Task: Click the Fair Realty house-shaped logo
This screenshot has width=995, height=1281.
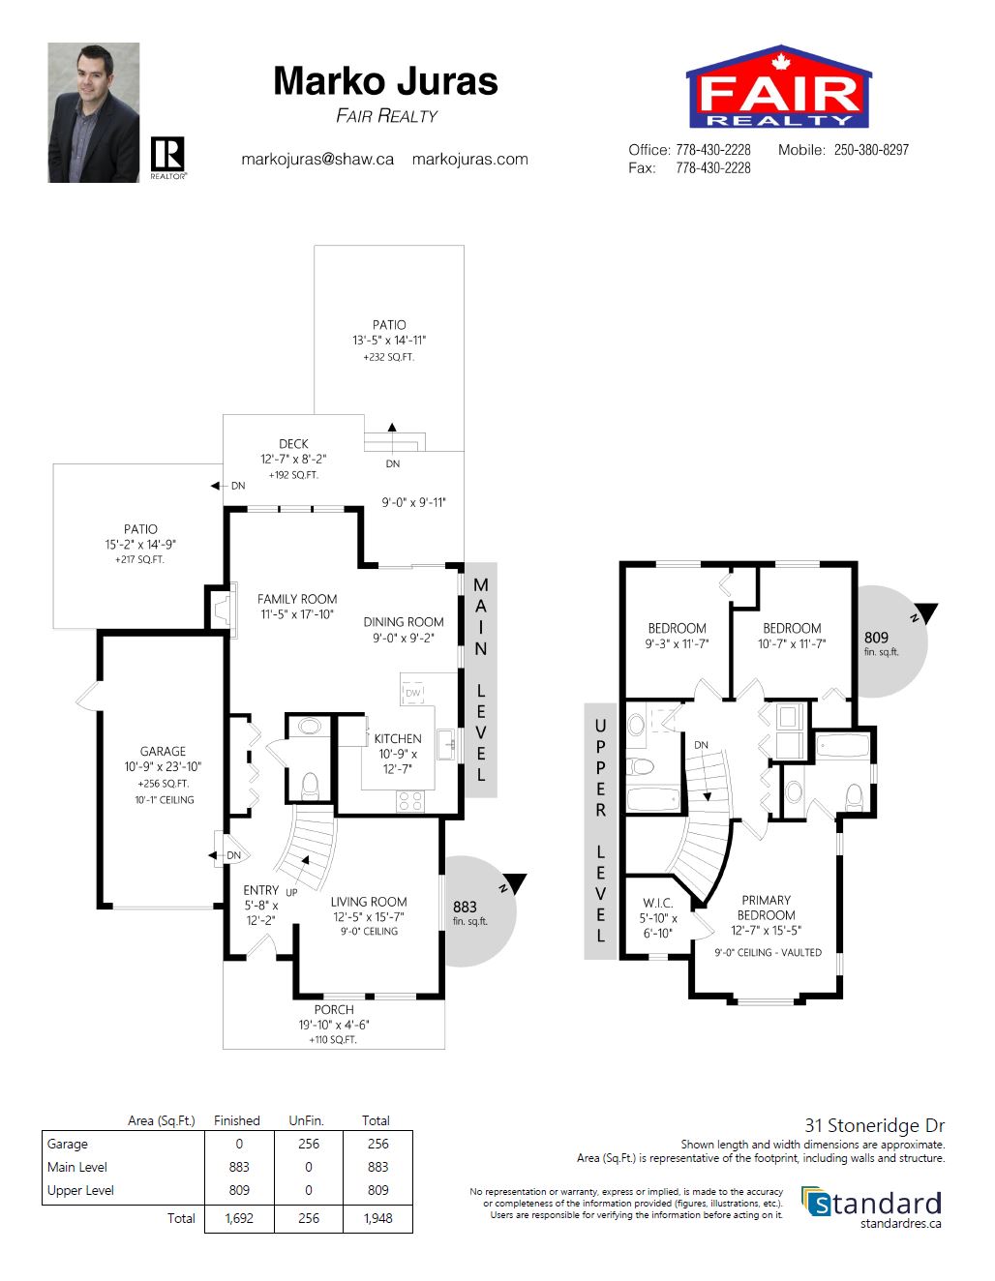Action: point(778,86)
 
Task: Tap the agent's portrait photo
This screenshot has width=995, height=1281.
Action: point(94,112)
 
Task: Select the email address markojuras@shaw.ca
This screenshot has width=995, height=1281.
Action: point(317,160)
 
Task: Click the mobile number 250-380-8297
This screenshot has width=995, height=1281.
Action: point(871,150)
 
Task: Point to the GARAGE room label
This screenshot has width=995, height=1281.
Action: point(163,751)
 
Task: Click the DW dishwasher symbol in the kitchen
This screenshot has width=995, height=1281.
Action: point(413,693)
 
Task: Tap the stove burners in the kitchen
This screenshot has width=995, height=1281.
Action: point(410,801)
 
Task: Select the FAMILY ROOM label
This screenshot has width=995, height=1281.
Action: point(297,599)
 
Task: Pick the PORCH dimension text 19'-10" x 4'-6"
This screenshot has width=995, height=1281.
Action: point(334,1024)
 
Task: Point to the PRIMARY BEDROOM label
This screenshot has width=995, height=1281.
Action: point(766,908)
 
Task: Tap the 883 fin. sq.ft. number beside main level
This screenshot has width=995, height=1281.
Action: point(465,907)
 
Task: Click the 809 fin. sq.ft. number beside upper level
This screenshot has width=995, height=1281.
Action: point(876,638)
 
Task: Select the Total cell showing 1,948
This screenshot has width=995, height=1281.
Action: point(377,1218)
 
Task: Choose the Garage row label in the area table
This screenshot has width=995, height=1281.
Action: point(67,1144)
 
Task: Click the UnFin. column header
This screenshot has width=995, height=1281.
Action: point(306,1120)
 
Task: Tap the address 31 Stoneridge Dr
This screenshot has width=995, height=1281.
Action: point(875,1125)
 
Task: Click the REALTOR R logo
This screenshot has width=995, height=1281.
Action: point(168,157)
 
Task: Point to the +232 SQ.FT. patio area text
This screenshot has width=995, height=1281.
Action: point(388,357)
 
